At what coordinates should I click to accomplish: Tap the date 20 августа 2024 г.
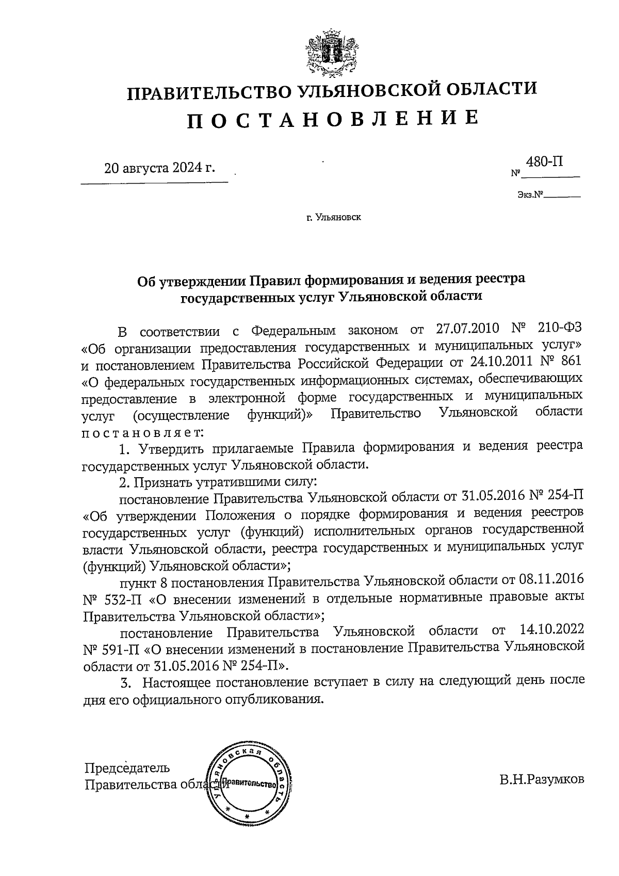point(159,168)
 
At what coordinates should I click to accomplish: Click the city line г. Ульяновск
point(334,217)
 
